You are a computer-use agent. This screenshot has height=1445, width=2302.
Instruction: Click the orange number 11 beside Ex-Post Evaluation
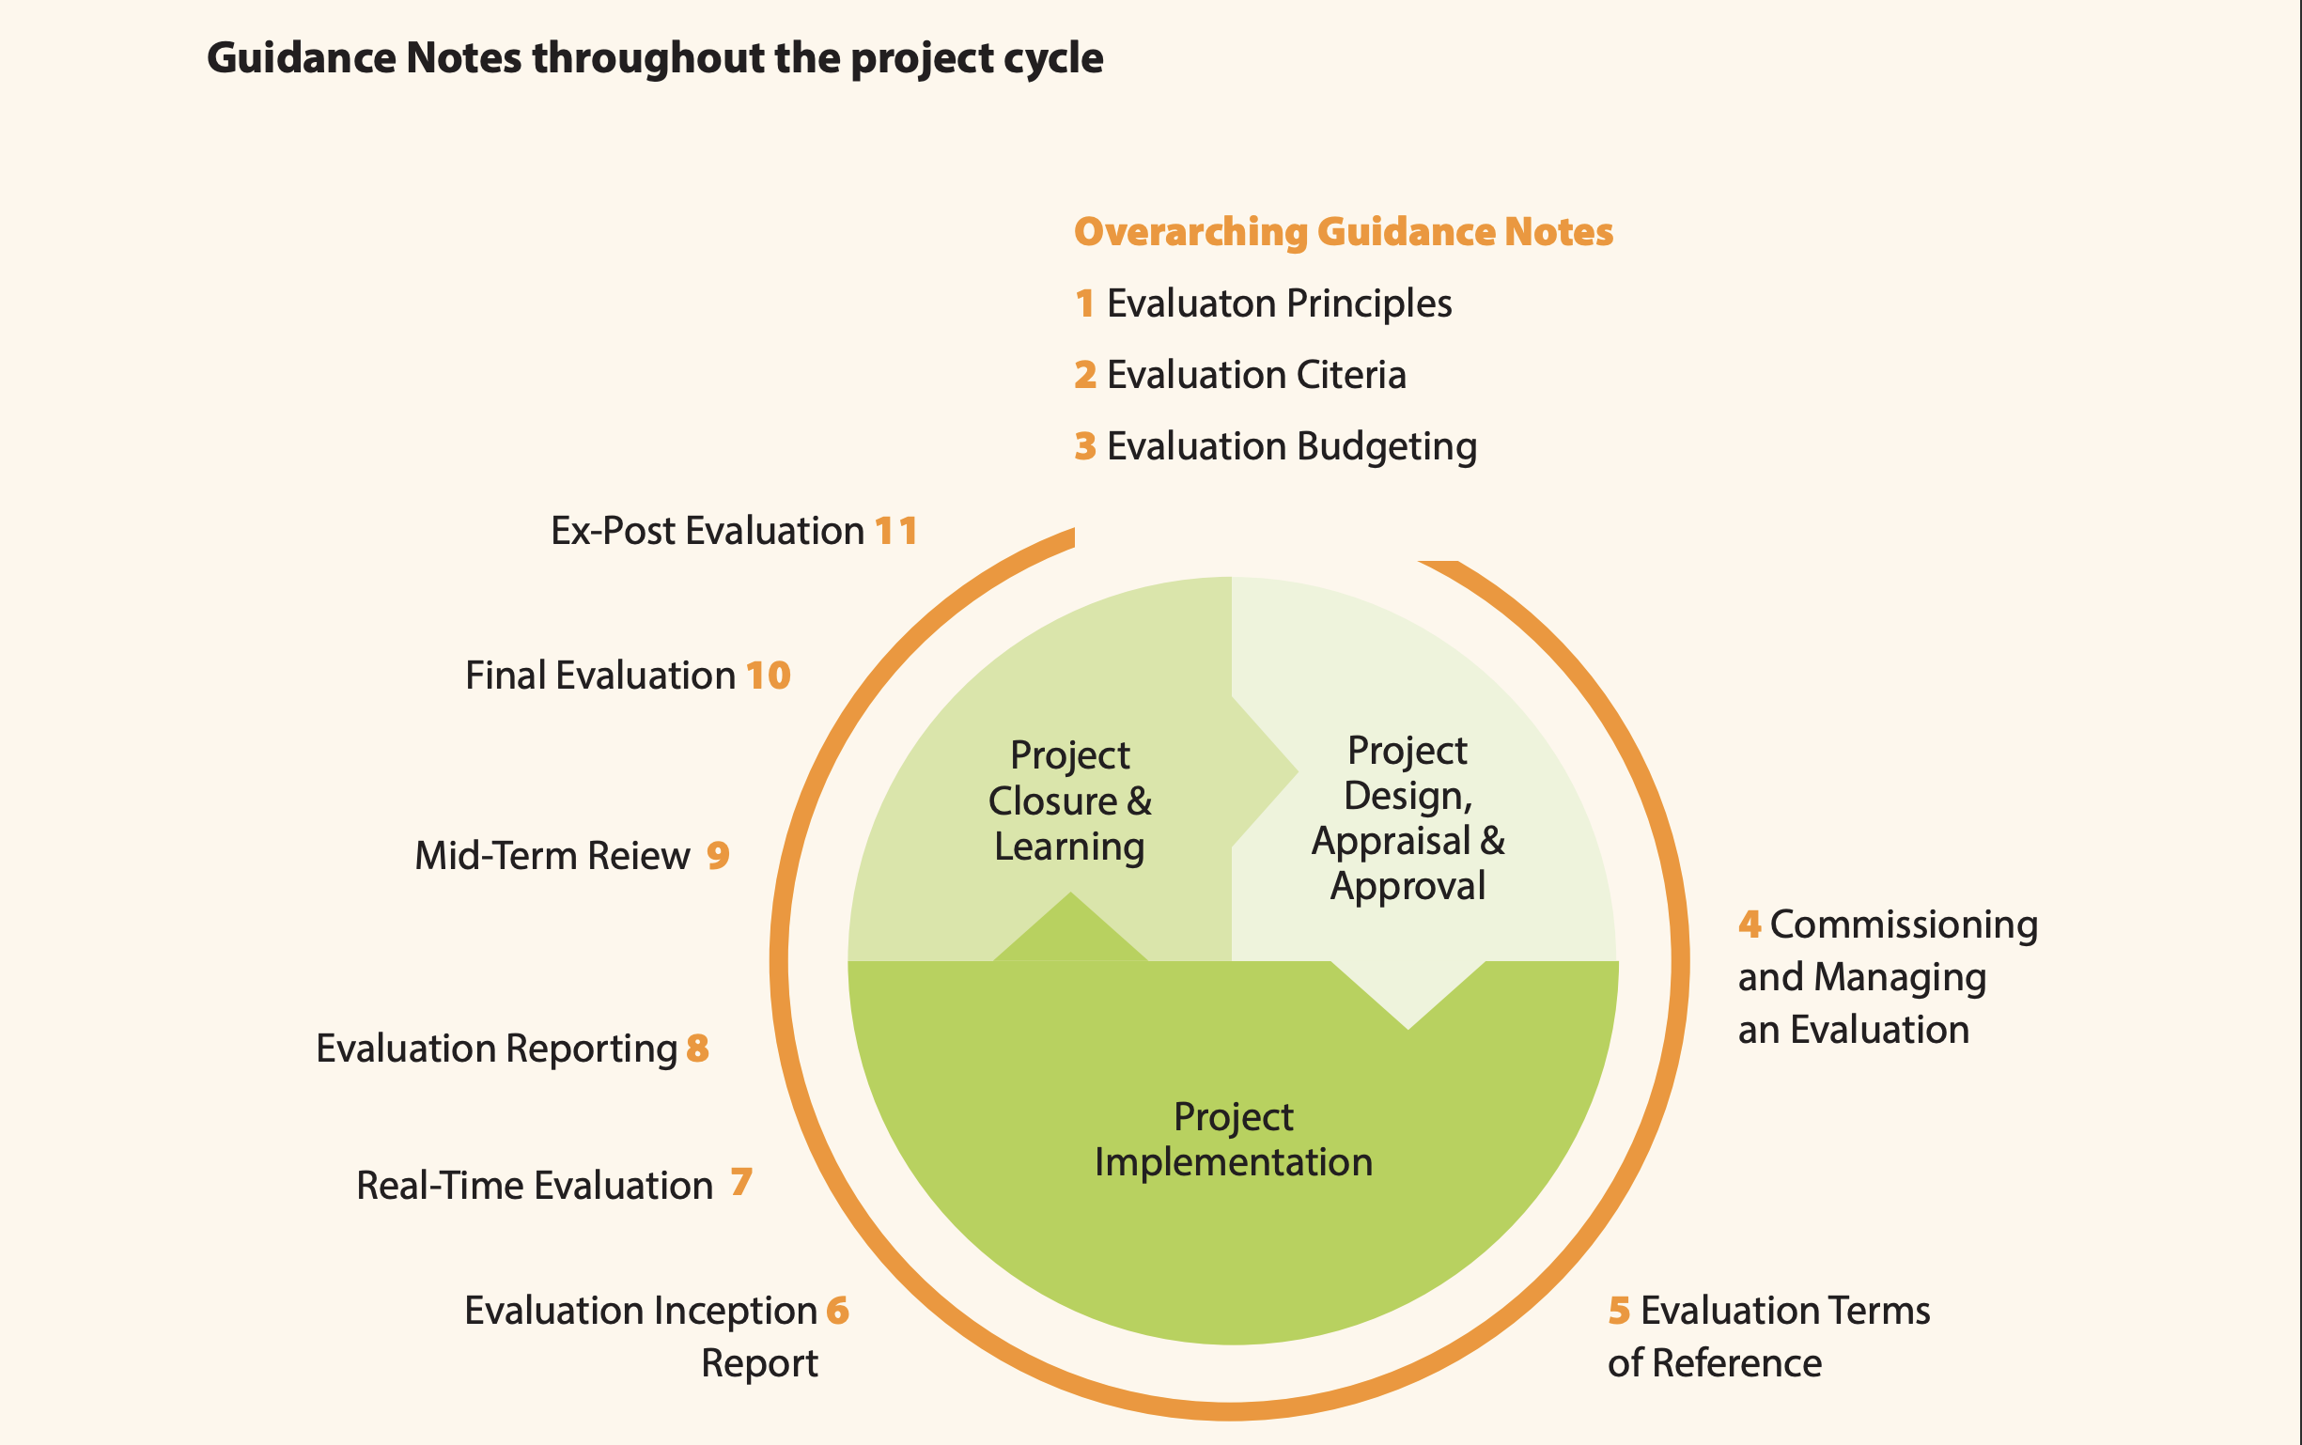[x=896, y=532]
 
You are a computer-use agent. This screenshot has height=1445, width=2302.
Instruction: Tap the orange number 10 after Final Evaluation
[x=769, y=676]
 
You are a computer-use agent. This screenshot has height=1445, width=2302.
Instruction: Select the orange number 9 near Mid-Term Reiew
[x=718, y=854]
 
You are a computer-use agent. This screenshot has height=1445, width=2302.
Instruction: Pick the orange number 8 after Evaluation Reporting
[x=697, y=1048]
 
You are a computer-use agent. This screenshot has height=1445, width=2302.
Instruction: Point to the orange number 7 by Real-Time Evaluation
[x=741, y=1183]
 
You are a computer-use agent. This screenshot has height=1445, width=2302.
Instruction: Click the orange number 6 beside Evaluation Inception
[x=837, y=1311]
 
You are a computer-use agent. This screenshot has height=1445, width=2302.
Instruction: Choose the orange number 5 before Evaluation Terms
[x=1619, y=1311]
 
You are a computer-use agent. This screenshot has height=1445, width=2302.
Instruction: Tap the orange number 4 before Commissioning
[x=1750, y=924]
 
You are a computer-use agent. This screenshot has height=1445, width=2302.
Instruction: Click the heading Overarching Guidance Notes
[x=1344, y=232]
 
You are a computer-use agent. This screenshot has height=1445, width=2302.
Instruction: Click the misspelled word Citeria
[x=1352, y=375]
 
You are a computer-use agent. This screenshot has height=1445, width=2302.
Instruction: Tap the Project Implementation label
[x=1234, y=1139]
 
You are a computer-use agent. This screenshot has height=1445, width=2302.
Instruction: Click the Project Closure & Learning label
[x=1070, y=800]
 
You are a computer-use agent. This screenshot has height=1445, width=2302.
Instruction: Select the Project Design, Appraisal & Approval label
[x=1408, y=818]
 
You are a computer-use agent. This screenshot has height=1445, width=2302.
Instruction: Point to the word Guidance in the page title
[x=301, y=58]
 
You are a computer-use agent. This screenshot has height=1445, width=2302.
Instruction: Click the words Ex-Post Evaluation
[x=708, y=532]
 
